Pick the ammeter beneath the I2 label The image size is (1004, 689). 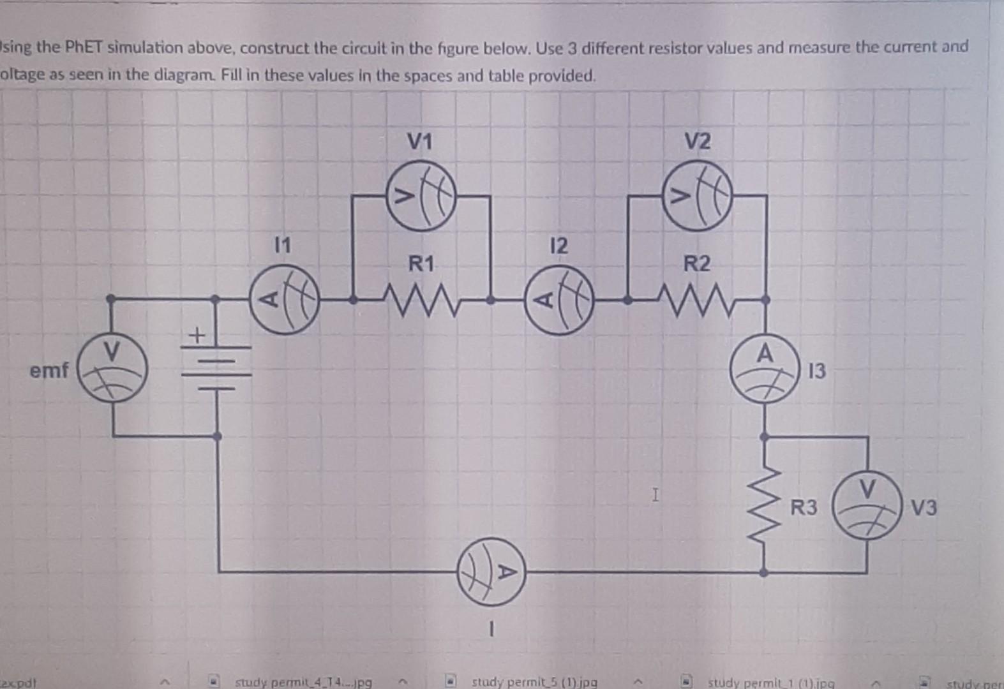559,300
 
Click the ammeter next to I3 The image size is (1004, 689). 765,368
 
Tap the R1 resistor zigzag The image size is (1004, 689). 421,299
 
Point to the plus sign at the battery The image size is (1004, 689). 197,334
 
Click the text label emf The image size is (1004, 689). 49,370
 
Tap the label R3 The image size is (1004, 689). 804,508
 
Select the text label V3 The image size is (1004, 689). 924,508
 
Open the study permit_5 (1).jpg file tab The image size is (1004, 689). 534,682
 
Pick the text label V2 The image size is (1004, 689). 697,142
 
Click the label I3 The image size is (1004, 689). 816,371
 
